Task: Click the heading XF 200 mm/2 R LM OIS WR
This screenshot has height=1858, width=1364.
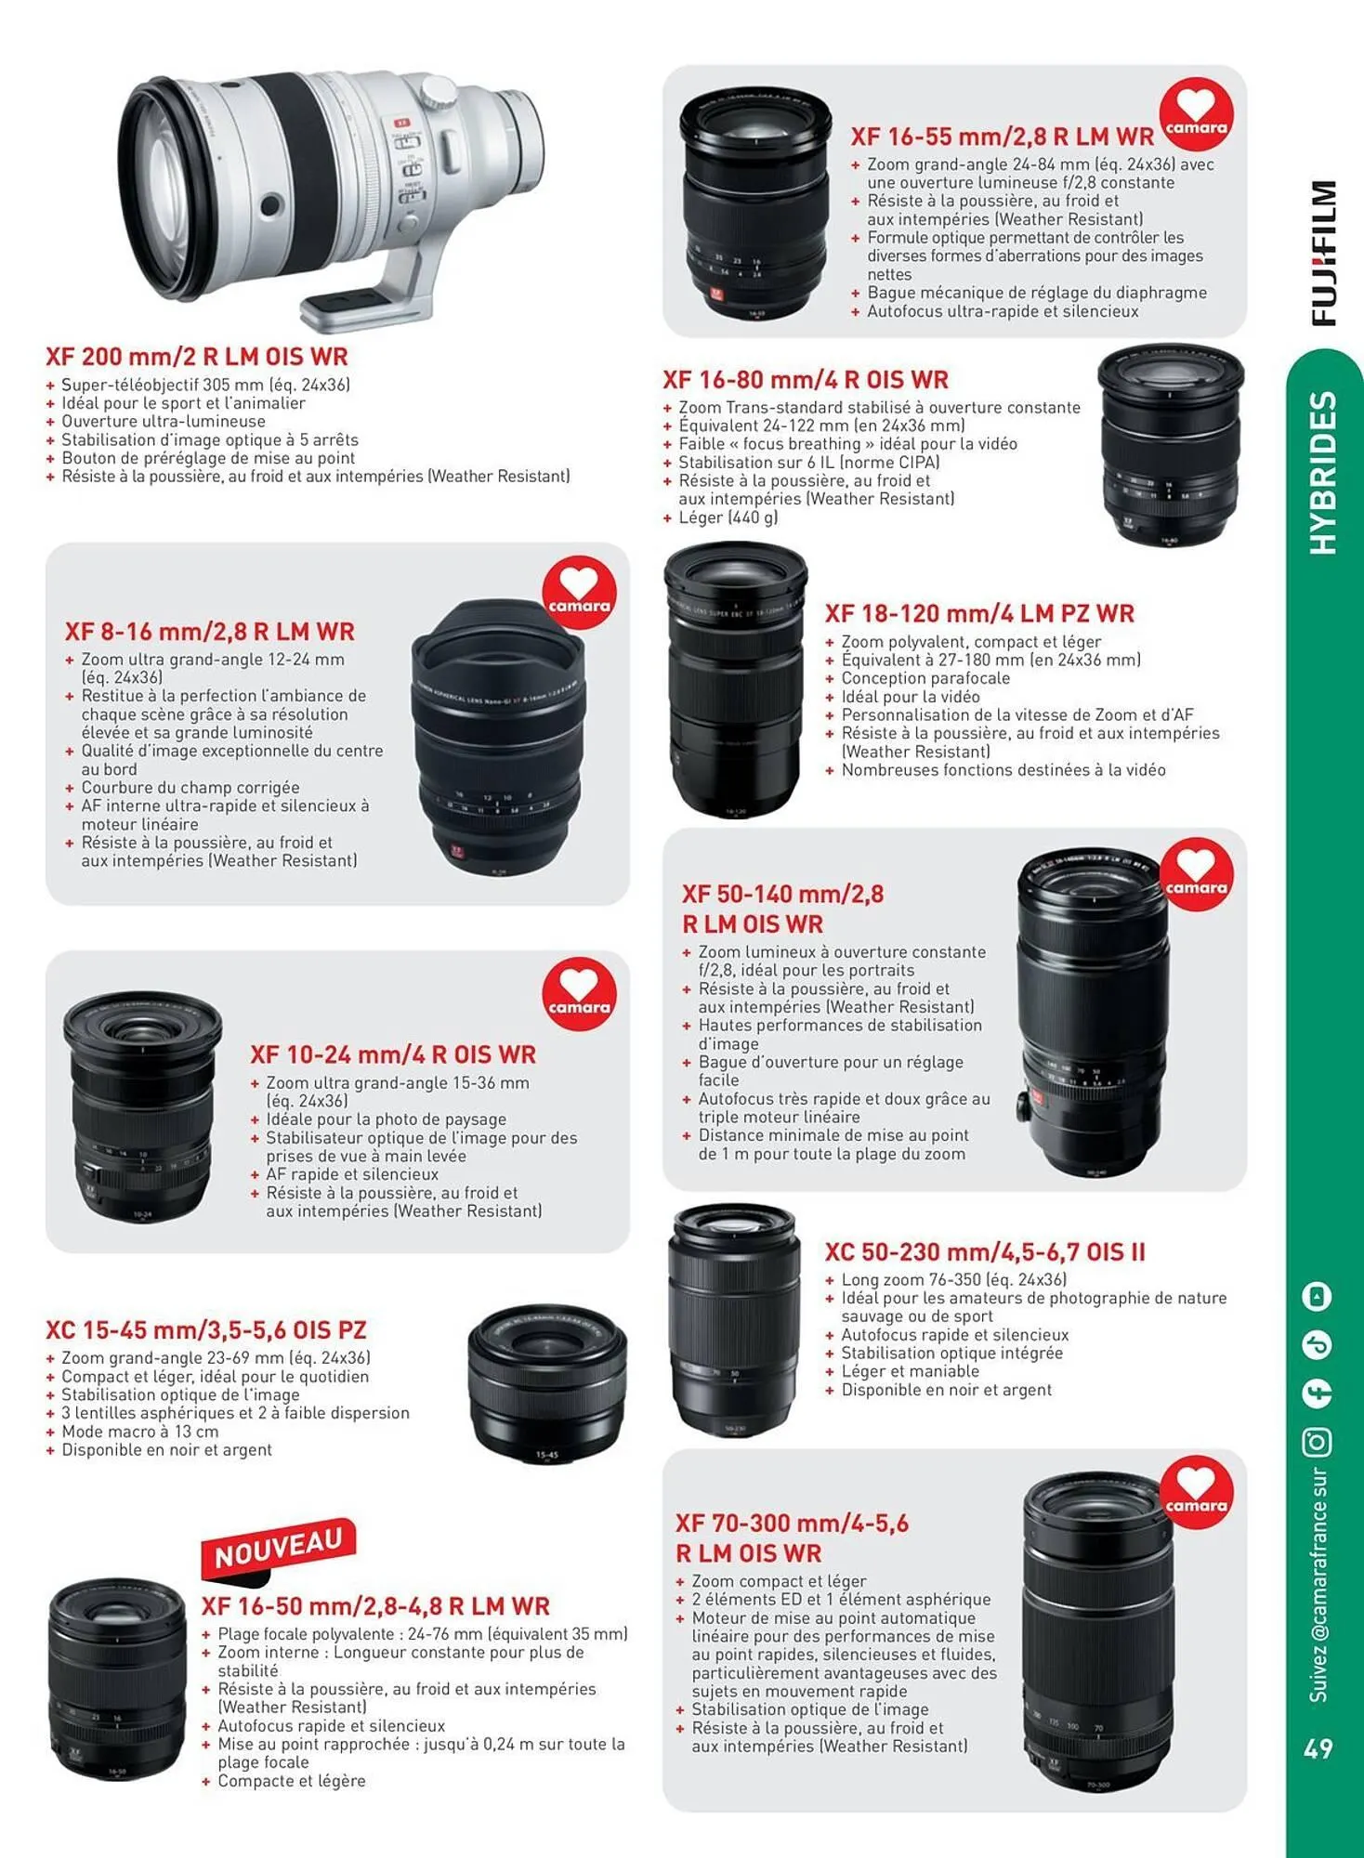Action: [197, 357]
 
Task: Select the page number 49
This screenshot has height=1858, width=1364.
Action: [1318, 1749]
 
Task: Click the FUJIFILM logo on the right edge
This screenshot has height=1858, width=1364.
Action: [1323, 253]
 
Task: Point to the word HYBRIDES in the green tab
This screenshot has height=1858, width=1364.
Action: [1322, 473]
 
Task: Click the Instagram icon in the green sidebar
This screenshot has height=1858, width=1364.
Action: [1318, 1442]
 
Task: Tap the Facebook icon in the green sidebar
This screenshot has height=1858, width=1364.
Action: [1318, 1393]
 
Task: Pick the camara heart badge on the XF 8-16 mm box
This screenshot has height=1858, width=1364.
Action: [579, 594]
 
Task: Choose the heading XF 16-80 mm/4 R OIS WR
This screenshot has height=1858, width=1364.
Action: [805, 380]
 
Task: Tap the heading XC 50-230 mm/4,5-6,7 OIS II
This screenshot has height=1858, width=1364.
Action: [985, 1252]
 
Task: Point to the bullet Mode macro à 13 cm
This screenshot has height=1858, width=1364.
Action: [139, 1432]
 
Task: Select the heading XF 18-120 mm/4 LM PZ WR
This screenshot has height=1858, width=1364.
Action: [979, 614]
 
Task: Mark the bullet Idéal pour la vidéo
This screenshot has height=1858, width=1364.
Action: [910, 697]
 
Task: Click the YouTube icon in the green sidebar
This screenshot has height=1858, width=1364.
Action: [1318, 1296]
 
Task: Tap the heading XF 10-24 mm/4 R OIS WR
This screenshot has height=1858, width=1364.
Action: [393, 1055]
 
